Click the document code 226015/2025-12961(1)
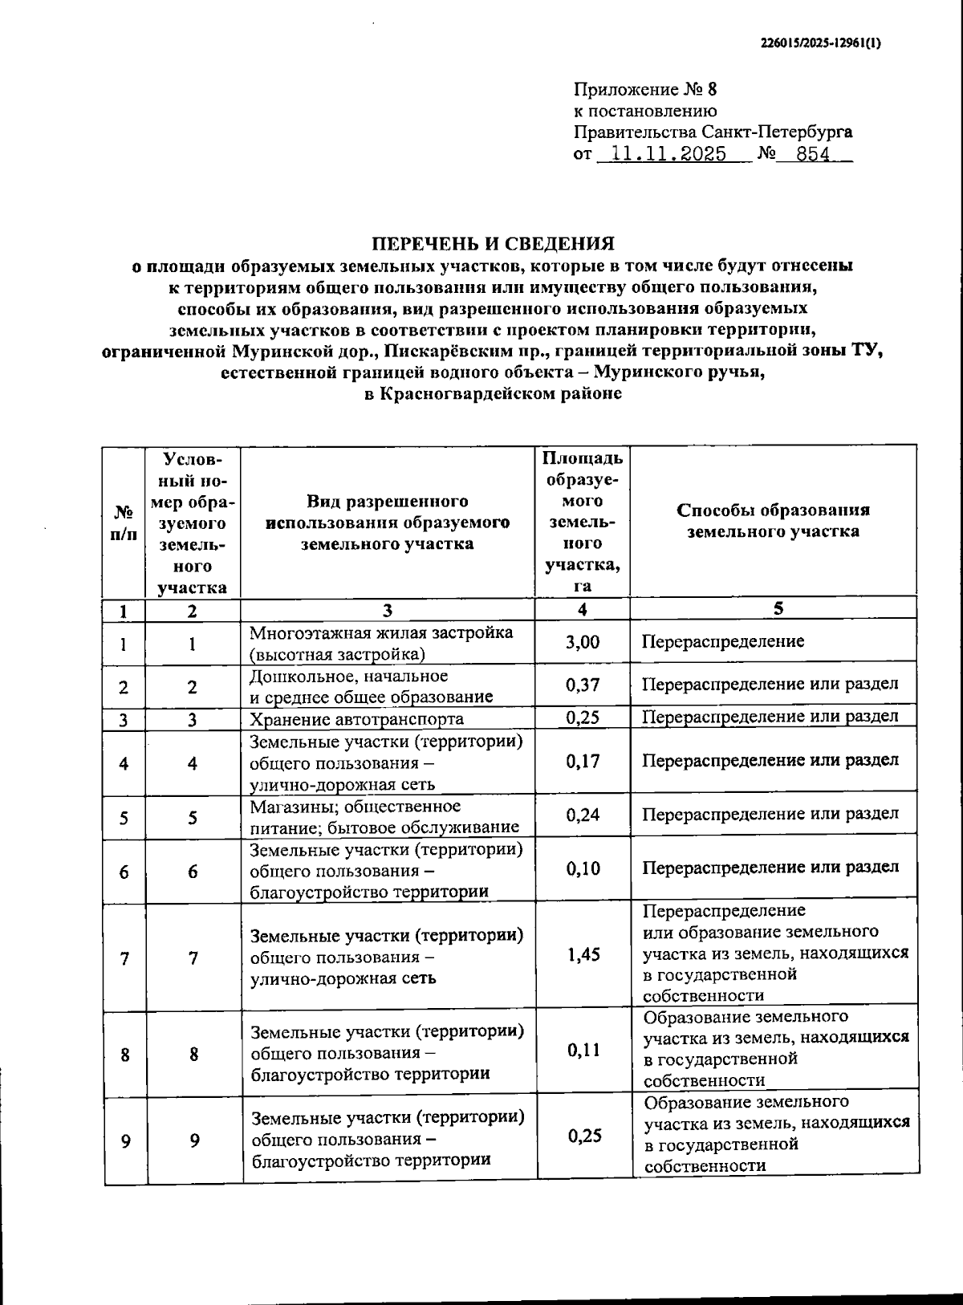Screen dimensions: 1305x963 (x=820, y=44)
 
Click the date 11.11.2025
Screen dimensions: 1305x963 (x=668, y=154)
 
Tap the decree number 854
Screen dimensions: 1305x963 (x=813, y=154)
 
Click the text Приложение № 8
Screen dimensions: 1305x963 (x=644, y=89)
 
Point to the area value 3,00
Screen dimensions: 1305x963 (x=583, y=641)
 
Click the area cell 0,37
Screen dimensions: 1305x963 (x=583, y=685)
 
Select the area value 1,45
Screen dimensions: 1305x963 (x=583, y=954)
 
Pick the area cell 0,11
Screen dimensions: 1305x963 (x=583, y=1050)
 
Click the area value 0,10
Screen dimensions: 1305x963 (x=583, y=868)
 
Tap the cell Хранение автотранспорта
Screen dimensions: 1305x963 (x=356, y=718)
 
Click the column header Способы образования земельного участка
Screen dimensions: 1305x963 (x=773, y=520)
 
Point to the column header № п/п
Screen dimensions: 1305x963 (x=124, y=522)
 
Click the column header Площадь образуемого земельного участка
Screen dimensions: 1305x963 (x=583, y=522)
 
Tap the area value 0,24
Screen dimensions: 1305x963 (x=583, y=815)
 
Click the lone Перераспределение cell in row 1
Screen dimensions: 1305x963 (x=723, y=641)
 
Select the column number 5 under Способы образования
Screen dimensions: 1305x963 (x=778, y=608)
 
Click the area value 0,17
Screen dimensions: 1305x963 (x=583, y=760)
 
